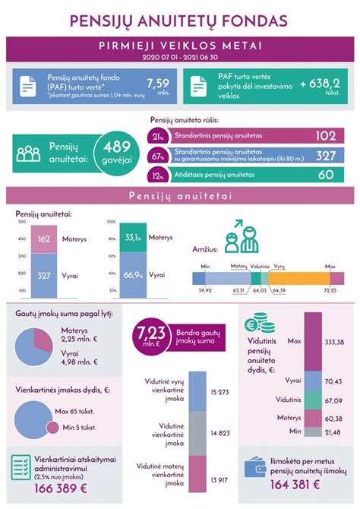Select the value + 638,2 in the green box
tap(321, 82)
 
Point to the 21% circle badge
tap(159, 136)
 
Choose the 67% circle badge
tap(159, 156)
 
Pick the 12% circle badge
tap(159, 175)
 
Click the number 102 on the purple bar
tap(325, 136)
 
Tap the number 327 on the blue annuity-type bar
tap(325, 156)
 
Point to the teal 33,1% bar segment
tap(134, 238)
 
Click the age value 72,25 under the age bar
tap(330, 289)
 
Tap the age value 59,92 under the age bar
tap(204, 289)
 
